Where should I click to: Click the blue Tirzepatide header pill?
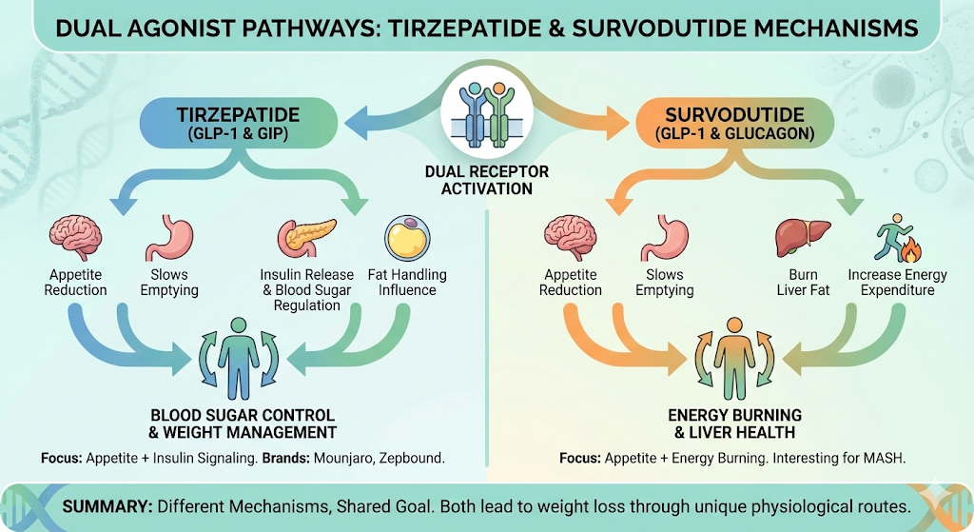click(x=238, y=125)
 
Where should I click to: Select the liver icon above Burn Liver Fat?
click(x=797, y=237)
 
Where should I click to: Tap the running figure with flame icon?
click(x=898, y=238)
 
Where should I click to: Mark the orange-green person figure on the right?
click(x=734, y=364)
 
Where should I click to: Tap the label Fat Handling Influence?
click(x=407, y=283)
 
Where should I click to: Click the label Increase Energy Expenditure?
click(x=898, y=283)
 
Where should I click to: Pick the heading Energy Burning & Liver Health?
click(x=734, y=424)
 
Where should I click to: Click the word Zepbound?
click(x=411, y=458)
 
